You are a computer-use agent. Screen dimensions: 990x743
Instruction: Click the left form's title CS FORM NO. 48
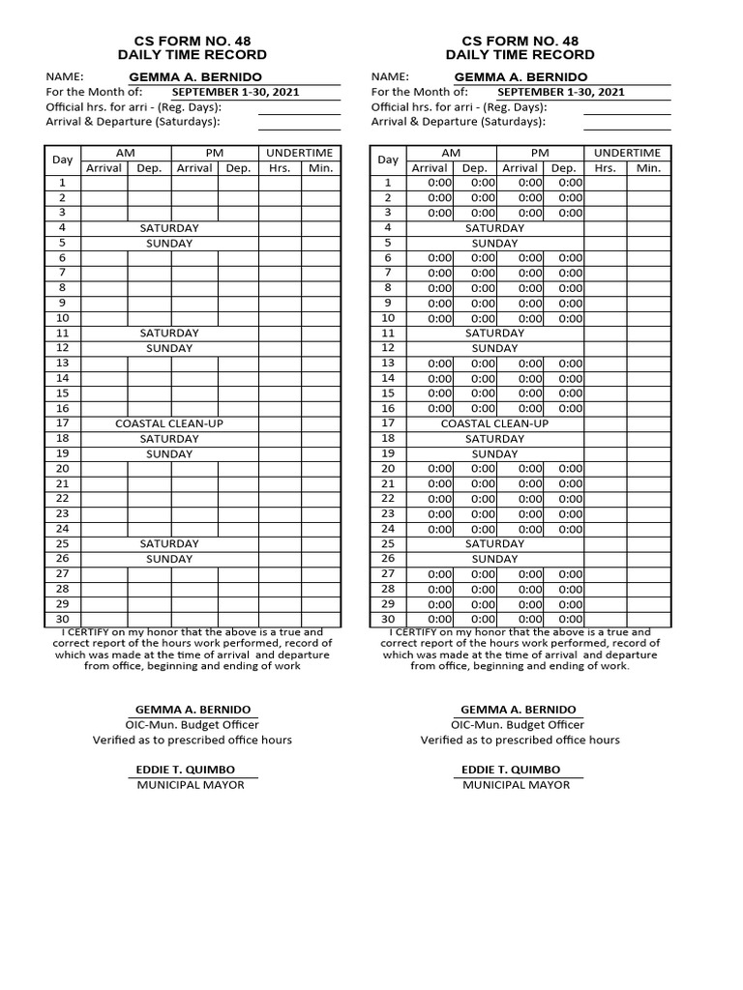192,41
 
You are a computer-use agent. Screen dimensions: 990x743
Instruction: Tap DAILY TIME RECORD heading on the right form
520,55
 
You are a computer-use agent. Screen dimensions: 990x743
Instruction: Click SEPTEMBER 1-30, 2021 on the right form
560,92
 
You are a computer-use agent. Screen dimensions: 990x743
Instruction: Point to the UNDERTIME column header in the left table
299,153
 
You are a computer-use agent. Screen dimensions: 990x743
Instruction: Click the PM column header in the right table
540,153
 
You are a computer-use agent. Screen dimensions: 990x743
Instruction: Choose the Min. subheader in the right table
648,167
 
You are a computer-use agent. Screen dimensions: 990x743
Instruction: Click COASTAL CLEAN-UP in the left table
169,423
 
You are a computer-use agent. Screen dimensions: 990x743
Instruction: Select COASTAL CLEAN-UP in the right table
494,423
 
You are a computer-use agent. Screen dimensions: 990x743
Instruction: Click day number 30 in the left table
63,619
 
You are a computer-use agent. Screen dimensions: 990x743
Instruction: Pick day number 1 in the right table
388,183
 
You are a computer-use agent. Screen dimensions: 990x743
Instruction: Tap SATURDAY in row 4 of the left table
169,228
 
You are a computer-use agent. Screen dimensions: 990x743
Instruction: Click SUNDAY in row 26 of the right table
494,559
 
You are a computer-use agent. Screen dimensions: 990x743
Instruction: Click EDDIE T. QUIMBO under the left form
186,770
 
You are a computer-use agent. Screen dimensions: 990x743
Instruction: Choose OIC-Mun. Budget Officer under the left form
192,724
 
